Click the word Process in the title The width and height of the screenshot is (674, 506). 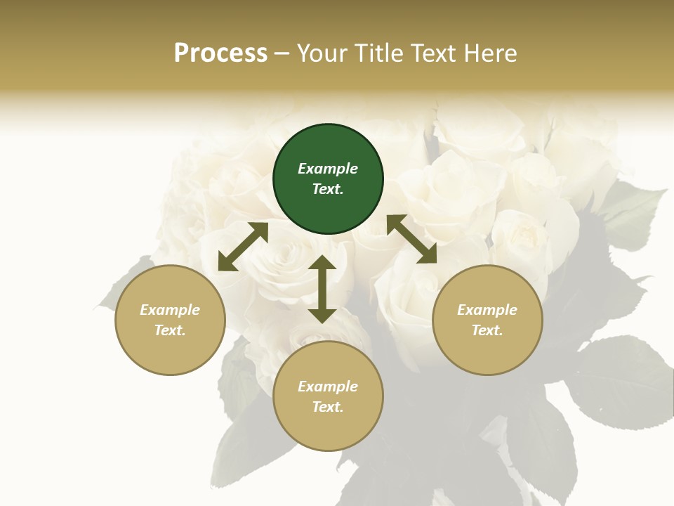pyautogui.click(x=220, y=53)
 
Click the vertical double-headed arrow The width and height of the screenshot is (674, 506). pyautogui.click(x=322, y=289)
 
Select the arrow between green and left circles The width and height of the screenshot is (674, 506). pyautogui.click(x=243, y=247)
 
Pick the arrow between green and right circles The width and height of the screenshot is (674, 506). pyautogui.click(x=411, y=239)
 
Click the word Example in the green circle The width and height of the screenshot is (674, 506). pyautogui.click(x=328, y=169)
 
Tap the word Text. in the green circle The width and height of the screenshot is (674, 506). pyautogui.click(x=328, y=189)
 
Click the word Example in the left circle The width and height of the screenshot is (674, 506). pyautogui.click(x=170, y=310)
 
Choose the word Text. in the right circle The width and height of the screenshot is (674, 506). pyautogui.click(x=487, y=330)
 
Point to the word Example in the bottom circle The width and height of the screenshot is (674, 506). pyautogui.click(x=328, y=387)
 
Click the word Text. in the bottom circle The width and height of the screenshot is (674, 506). pyautogui.click(x=328, y=407)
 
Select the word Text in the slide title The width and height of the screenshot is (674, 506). pyautogui.click(x=431, y=53)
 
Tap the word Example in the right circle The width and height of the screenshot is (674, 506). pyautogui.click(x=487, y=310)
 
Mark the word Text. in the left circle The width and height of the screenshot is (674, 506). pyautogui.click(x=170, y=330)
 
